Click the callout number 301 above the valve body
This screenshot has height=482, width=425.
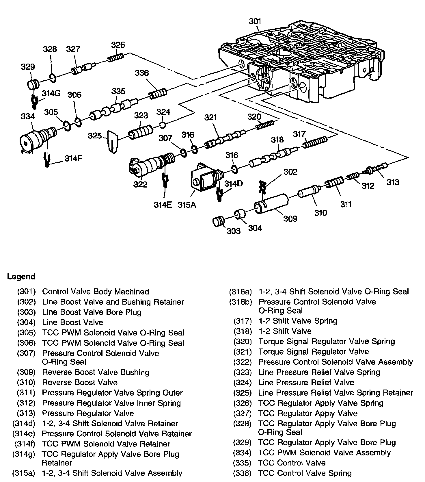tap(255, 21)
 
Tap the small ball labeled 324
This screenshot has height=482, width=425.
tap(163, 125)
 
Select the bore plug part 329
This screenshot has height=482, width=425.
tap(34, 84)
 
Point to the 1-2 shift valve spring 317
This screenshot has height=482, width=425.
tap(316, 142)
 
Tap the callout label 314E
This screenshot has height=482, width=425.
tap(163, 205)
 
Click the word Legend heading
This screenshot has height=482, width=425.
tap(21, 277)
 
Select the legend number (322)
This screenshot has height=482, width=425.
tap(243, 362)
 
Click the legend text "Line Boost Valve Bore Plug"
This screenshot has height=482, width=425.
tap(92, 312)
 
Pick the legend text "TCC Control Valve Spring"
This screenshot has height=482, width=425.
tap(305, 473)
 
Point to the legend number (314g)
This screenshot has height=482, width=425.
tap(24, 454)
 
